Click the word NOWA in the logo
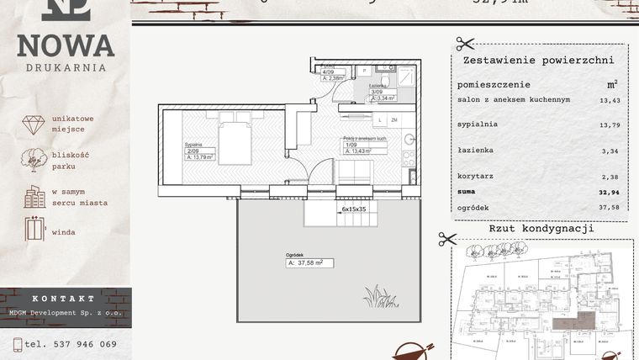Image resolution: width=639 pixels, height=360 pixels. [65, 45]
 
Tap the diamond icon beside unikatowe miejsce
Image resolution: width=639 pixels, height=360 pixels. [33, 124]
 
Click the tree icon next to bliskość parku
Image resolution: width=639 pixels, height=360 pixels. [34, 160]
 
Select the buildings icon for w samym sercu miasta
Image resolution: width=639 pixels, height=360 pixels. [34, 197]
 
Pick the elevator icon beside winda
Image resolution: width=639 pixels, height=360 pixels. [34, 229]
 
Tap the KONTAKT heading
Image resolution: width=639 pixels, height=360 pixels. [64, 299]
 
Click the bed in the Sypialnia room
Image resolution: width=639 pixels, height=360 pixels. [235, 142]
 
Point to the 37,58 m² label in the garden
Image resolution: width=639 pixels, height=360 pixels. [309, 262]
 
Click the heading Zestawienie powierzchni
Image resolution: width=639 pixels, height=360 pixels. [538, 61]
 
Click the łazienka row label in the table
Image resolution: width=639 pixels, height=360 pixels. [476, 150]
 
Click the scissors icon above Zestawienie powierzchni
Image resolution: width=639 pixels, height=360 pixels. [465, 44]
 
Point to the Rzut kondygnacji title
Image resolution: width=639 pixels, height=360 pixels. [541, 228]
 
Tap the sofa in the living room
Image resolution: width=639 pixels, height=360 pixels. [354, 171]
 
